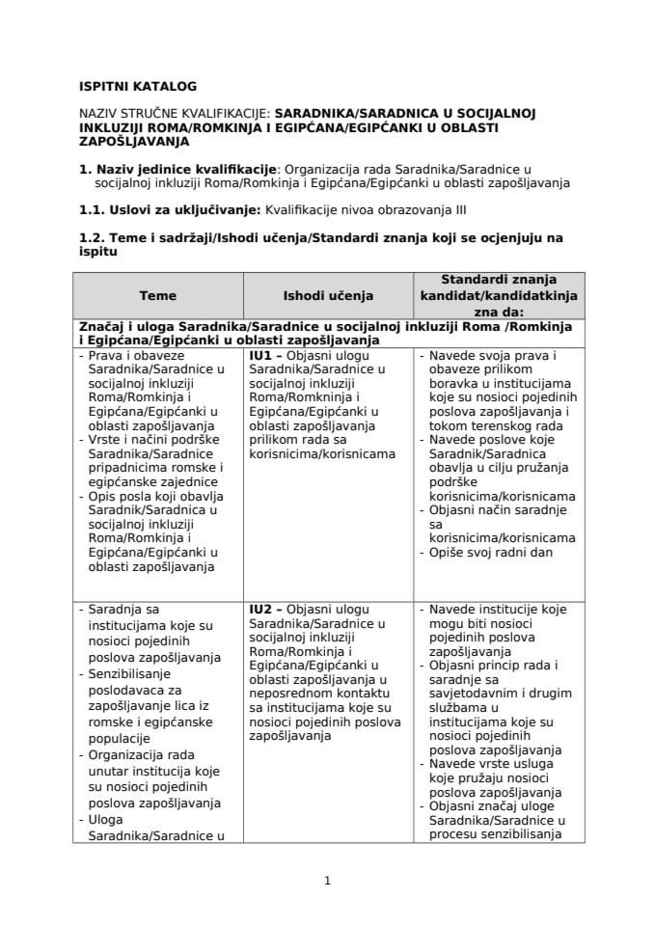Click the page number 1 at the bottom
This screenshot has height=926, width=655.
point(328,880)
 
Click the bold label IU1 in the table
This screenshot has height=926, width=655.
point(259,356)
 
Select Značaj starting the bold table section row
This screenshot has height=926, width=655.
point(101,326)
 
